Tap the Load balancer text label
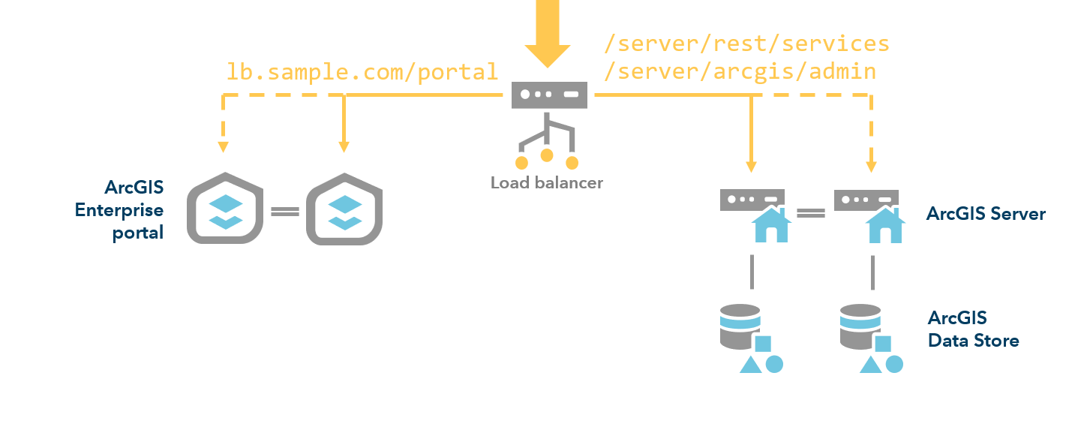pyautogui.click(x=546, y=182)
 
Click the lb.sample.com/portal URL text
pyautogui.click(x=362, y=71)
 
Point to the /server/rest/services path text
pyautogui.click(x=746, y=44)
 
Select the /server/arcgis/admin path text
pyautogui.click(x=740, y=71)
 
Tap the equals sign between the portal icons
pyautogui.click(x=285, y=212)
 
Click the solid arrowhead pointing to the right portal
pyautogui.click(x=344, y=145)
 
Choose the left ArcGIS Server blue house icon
pyautogui.click(x=770, y=224)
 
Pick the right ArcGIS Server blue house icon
pyautogui.click(x=885, y=224)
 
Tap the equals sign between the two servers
pyautogui.click(x=810, y=213)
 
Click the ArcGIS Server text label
pyautogui.click(x=986, y=214)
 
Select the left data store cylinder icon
pyautogui.click(x=740, y=326)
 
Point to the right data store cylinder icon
pyautogui.click(x=860, y=326)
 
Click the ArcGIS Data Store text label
pyautogui.click(x=973, y=329)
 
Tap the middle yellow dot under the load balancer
pyautogui.click(x=547, y=155)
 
